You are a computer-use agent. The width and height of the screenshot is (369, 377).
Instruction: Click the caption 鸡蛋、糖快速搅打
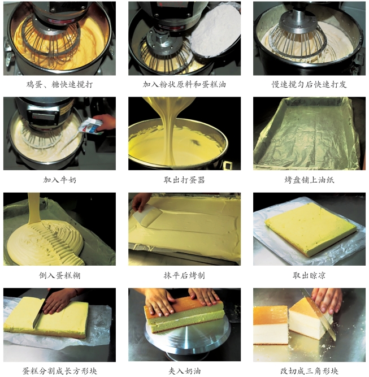pyautogui.click(x=59, y=84)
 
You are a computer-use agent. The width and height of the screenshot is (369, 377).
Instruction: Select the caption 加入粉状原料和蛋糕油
pyautogui.click(x=184, y=84)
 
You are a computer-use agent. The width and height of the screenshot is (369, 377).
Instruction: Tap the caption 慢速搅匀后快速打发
pyautogui.click(x=309, y=84)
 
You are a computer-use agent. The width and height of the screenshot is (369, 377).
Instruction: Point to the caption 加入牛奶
pyautogui.click(x=60, y=180)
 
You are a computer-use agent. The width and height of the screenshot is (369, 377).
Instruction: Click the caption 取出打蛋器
pyautogui.click(x=184, y=180)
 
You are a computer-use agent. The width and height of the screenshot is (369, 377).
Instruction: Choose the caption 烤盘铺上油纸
pyautogui.click(x=309, y=180)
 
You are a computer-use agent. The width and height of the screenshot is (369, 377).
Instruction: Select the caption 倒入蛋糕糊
pyautogui.click(x=60, y=275)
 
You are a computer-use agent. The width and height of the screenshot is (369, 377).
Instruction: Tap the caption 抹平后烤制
pyautogui.click(x=184, y=275)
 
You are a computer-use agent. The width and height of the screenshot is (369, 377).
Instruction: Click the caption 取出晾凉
pyautogui.click(x=309, y=275)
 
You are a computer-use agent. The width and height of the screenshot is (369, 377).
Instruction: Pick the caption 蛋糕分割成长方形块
pyautogui.click(x=60, y=371)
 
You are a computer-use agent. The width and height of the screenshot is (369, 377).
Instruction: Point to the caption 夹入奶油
pyautogui.click(x=184, y=371)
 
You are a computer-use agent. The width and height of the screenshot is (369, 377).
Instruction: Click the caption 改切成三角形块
pyautogui.click(x=309, y=371)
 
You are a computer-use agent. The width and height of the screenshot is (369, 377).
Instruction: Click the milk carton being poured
pyautogui.click(x=90, y=125)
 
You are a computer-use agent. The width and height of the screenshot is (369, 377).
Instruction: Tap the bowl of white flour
pyautogui.click(x=215, y=31)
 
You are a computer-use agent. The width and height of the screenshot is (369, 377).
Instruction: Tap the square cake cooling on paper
pyautogui.click(x=310, y=229)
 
